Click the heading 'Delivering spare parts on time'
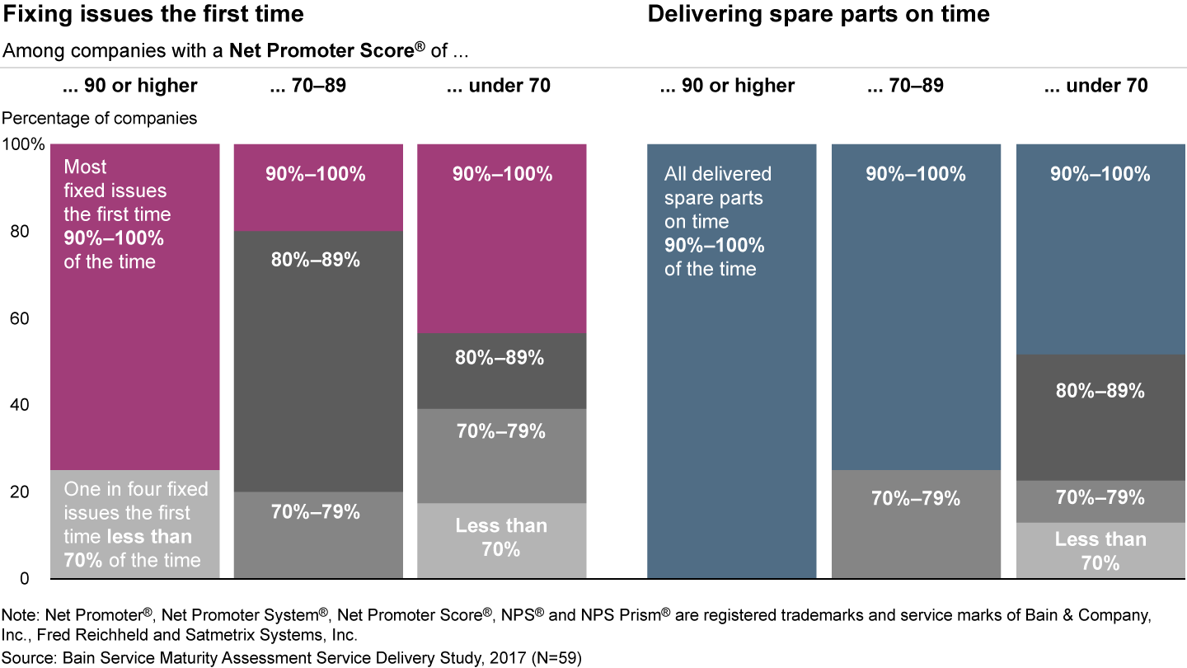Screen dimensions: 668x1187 tap(819, 14)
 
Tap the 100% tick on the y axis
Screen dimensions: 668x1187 tap(24, 145)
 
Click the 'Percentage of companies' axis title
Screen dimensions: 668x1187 tap(101, 118)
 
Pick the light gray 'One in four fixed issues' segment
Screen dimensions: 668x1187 tap(135, 524)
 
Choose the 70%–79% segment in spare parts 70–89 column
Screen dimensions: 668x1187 tap(916, 524)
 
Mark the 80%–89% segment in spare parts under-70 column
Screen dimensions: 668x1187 tap(1100, 417)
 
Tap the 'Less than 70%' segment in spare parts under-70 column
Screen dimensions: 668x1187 tap(1100, 550)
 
